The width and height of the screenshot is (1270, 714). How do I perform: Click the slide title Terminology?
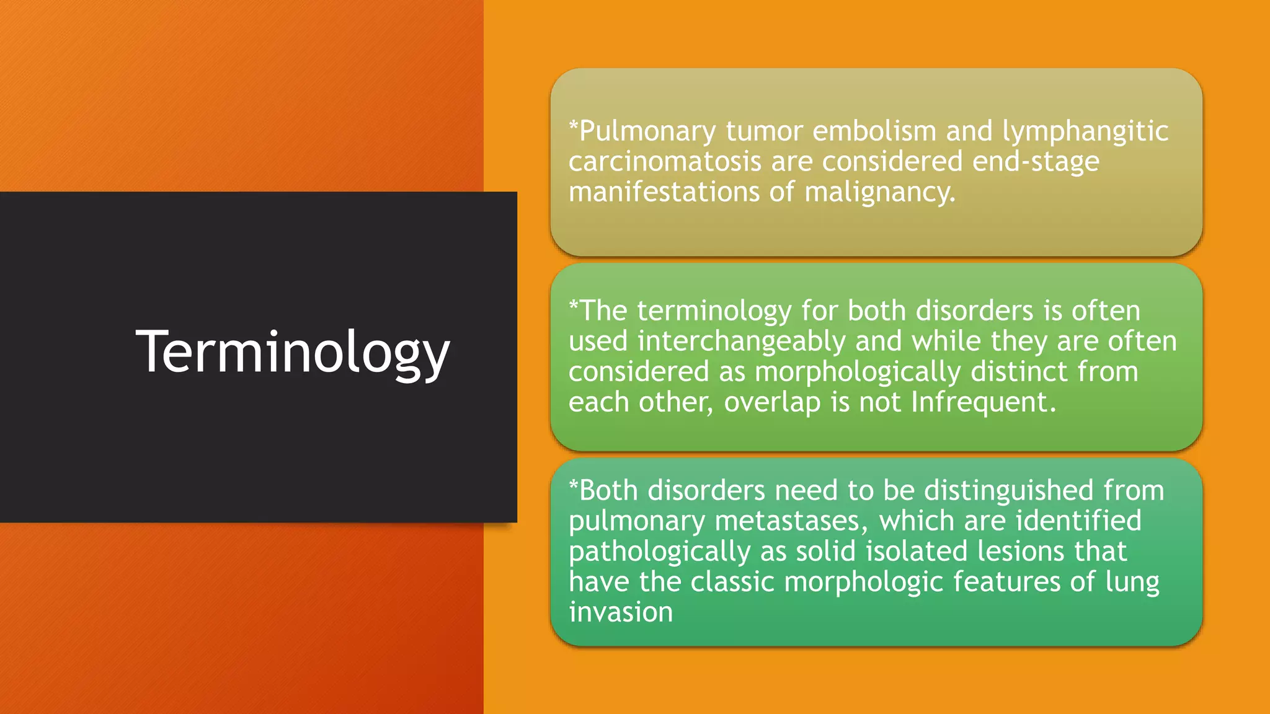click(x=292, y=352)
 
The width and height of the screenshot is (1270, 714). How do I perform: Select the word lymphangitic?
click(x=1085, y=132)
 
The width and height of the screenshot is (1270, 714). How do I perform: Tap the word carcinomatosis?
click(x=665, y=162)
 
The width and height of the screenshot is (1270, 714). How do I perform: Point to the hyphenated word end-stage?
click(x=1036, y=162)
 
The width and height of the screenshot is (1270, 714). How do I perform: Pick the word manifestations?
click(x=664, y=192)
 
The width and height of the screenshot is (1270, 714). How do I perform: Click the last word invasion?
click(x=621, y=612)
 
